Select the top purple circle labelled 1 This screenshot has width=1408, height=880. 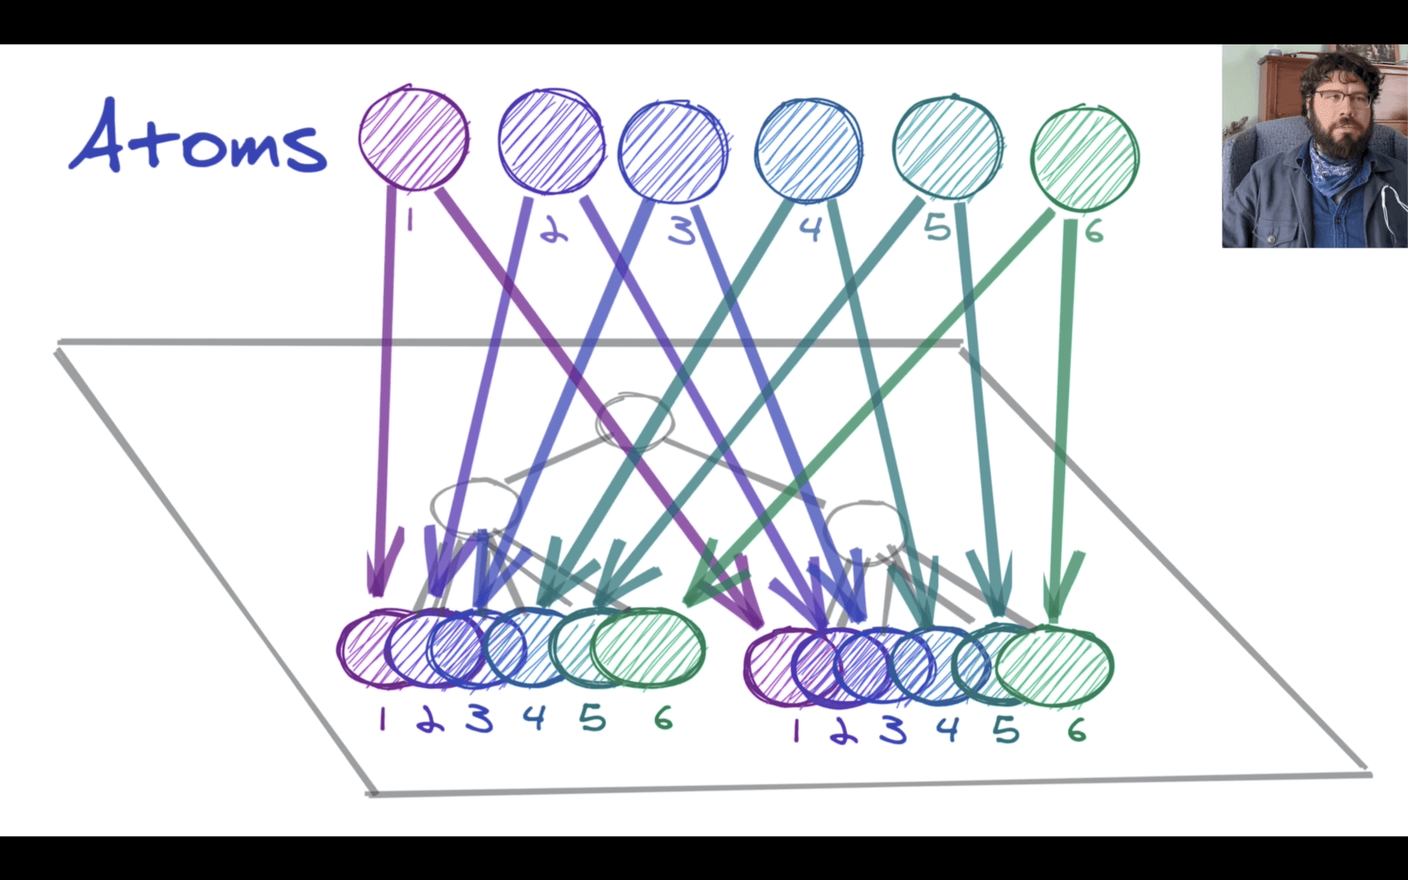point(414,139)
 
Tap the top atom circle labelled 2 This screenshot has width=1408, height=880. point(551,141)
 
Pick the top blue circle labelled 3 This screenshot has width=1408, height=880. point(672,152)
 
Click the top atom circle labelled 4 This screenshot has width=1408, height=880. point(808,151)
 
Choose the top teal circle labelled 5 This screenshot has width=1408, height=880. point(947,147)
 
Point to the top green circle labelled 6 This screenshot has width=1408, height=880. point(1084,158)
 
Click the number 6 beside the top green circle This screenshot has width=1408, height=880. point(1094,232)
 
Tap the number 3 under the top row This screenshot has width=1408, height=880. point(682,231)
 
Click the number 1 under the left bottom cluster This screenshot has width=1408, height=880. point(382,719)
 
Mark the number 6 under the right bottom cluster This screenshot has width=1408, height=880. point(1077,729)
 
